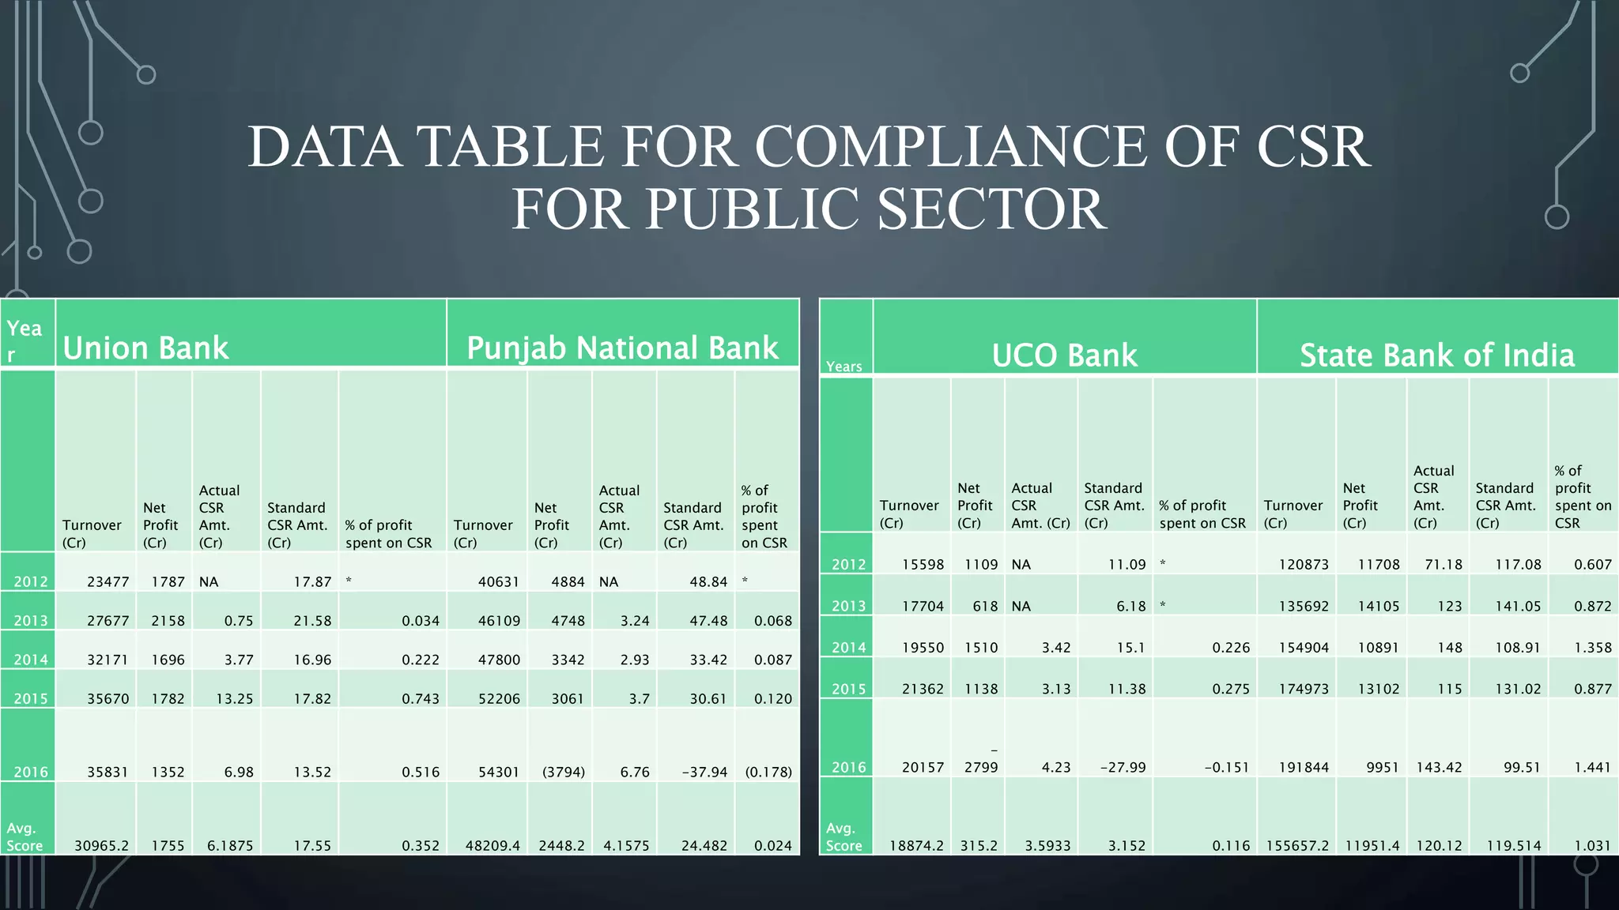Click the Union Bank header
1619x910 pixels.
pyautogui.click(x=145, y=348)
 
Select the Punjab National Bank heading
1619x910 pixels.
pyautogui.click(x=622, y=348)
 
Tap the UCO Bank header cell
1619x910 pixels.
pyautogui.click(x=1064, y=355)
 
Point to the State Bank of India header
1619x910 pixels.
pyautogui.click(x=1437, y=355)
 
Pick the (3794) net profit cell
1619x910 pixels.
pyautogui.click(x=563, y=772)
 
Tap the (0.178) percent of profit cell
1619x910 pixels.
pyautogui.click(x=768, y=772)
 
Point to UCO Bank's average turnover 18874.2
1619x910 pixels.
pyautogui.click(x=916, y=845)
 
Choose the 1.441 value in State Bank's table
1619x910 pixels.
pyautogui.click(x=1592, y=767)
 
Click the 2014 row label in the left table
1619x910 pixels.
pyautogui.click(x=31, y=660)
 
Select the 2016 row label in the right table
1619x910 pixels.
pyautogui.click(x=848, y=767)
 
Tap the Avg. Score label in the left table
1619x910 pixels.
pyautogui.click(x=25, y=837)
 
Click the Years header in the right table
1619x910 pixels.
pyautogui.click(x=843, y=367)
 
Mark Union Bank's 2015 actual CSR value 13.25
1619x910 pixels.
pyautogui.click(x=234, y=699)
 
